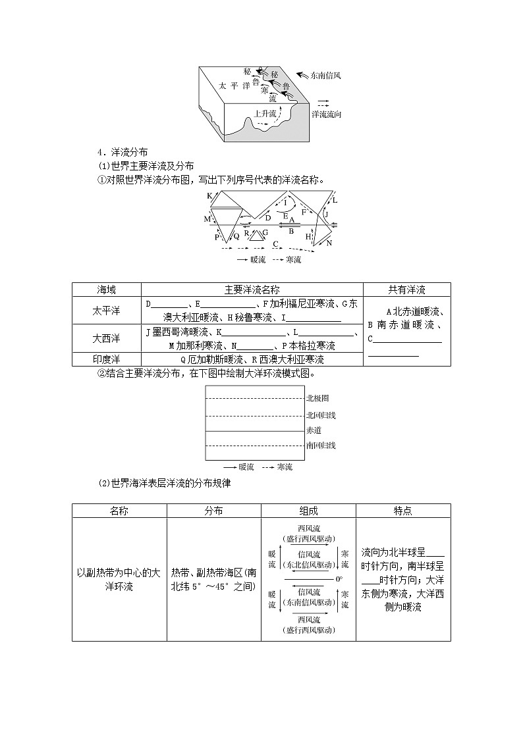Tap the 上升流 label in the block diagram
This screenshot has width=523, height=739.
tap(265, 114)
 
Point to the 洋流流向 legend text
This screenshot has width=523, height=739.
tap(326, 115)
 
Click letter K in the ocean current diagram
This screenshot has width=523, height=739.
tap(209, 195)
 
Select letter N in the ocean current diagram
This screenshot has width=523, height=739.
tap(329, 243)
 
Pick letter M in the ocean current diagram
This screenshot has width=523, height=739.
tap(207, 218)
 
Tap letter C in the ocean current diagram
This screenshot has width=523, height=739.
tap(277, 244)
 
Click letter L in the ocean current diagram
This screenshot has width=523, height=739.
tap(335, 199)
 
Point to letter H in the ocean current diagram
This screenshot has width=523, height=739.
tap(308, 236)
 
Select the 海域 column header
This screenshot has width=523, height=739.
tap(107, 290)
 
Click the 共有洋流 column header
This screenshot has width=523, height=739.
tap(406, 290)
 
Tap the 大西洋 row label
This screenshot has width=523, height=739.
tap(107, 338)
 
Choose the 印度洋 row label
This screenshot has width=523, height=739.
tap(107, 359)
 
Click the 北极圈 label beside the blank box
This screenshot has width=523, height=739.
tap(317, 398)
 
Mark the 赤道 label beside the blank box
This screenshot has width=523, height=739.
tap(314, 430)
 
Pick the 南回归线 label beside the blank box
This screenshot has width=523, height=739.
tap(321, 446)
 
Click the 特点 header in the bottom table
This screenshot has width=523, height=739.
tap(403, 511)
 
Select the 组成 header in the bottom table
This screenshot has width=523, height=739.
tap(308, 511)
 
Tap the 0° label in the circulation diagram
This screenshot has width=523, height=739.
tap(339, 579)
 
